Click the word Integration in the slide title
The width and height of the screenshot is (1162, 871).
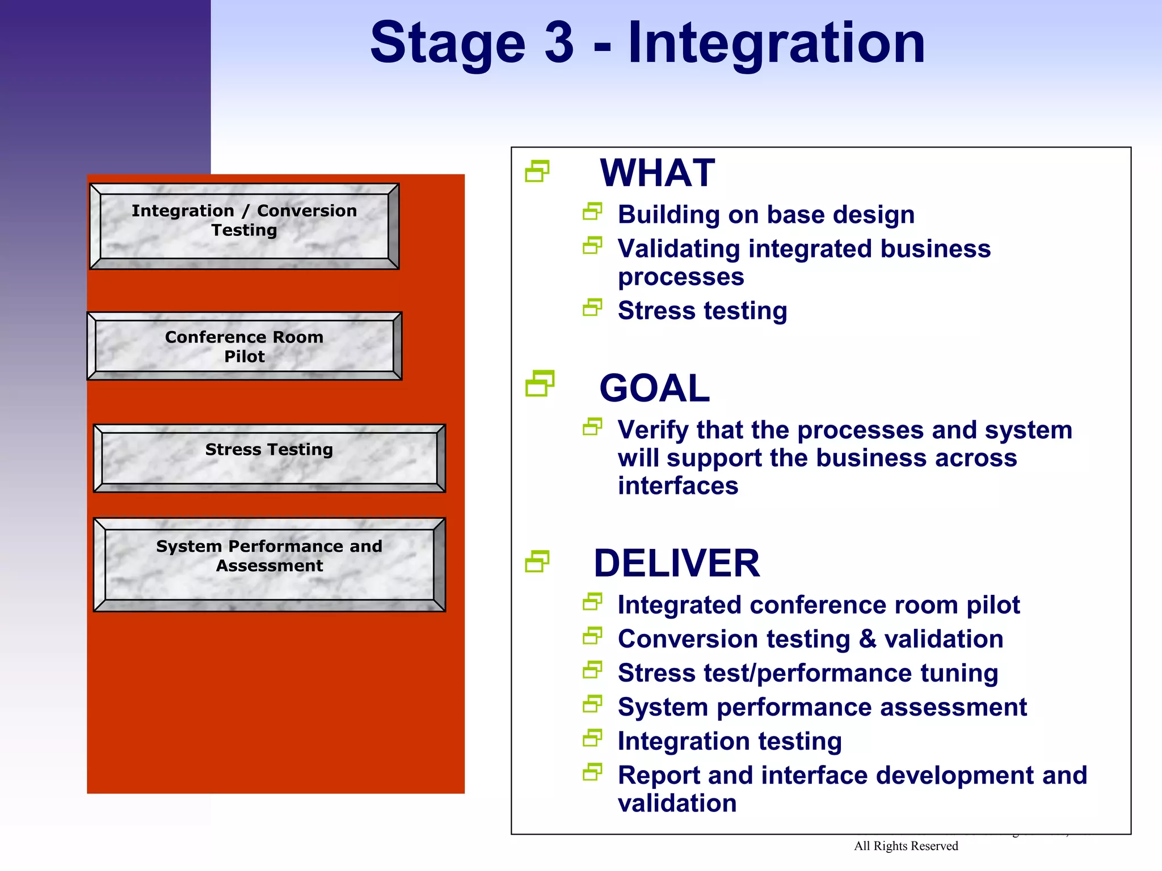(x=776, y=43)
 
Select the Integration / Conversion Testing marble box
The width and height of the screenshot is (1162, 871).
(x=244, y=226)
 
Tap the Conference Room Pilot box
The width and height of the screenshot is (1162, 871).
(x=244, y=346)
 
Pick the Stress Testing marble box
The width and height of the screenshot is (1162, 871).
(x=269, y=457)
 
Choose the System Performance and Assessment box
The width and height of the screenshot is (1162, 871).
(x=269, y=564)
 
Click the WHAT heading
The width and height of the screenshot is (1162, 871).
(x=657, y=173)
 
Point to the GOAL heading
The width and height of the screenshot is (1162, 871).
(x=654, y=388)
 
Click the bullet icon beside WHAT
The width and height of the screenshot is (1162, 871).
(x=537, y=171)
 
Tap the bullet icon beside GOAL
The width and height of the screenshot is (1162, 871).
(x=539, y=383)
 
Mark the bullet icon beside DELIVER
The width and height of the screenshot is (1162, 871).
(x=537, y=561)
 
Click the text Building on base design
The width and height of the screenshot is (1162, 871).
(x=765, y=215)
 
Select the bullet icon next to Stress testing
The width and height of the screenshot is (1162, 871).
(x=592, y=308)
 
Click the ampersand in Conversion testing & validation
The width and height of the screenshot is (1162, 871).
(x=867, y=639)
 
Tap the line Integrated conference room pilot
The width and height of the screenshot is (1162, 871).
(x=818, y=605)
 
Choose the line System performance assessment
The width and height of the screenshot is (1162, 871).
(x=822, y=707)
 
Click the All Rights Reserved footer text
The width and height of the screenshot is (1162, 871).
(x=906, y=846)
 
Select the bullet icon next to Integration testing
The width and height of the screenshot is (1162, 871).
(x=592, y=738)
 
